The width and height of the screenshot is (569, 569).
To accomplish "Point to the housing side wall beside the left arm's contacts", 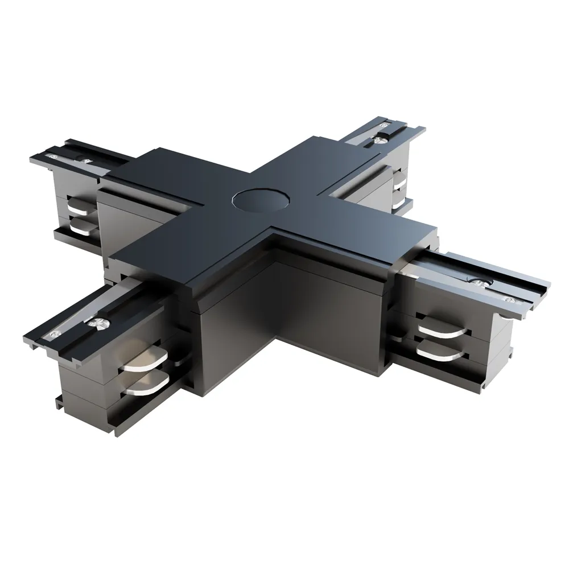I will point(117,216).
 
